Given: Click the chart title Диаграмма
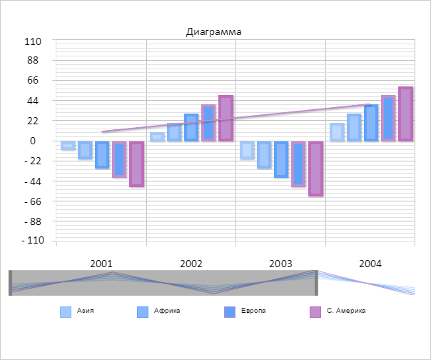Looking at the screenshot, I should click(213, 31).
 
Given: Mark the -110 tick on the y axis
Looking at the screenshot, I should click(33, 241).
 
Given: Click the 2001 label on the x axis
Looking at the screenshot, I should click(101, 264).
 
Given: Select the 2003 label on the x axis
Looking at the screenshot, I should click(280, 264).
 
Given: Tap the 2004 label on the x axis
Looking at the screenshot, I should click(370, 264).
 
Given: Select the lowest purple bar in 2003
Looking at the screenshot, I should click(315, 169).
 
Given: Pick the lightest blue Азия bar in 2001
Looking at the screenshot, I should click(68, 146).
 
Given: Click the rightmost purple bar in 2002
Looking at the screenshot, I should click(225, 119).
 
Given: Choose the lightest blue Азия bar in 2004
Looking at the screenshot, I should click(337, 132).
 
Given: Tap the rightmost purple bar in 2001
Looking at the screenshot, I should click(136, 164).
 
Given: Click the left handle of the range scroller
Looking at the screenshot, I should click(11, 283).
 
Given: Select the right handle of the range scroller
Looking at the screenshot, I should click(315, 283).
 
